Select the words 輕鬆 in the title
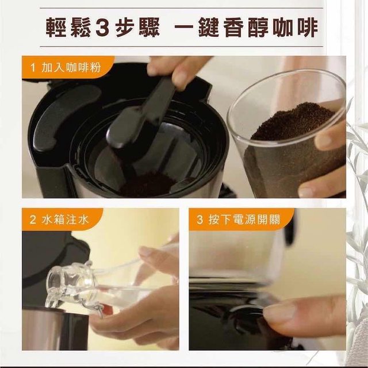tap(68, 28)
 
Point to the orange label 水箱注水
tap(65, 220)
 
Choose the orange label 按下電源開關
tap(244, 220)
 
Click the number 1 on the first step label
tap(33, 68)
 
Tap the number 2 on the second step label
tap(33, 220)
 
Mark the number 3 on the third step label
tap(200, 220)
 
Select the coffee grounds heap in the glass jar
tap(293, 122)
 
